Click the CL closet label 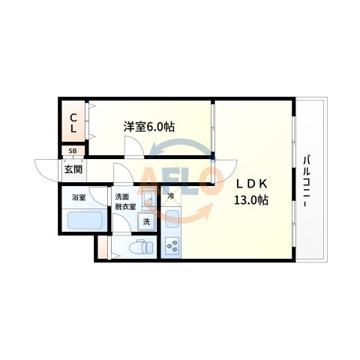coord(73,123)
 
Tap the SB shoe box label coord(73,151)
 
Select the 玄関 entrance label coord(73,169)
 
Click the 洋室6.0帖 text coord(149,127)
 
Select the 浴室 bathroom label coord(79,198)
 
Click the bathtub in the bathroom coord(85,221)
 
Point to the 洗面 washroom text coord(121,197)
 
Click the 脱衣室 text coord(124,208)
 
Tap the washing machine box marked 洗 coord(146,221)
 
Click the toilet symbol coord(140,247)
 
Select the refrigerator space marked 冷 coord(171,197)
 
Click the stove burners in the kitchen coord(171,245)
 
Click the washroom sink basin coord(148,199)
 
